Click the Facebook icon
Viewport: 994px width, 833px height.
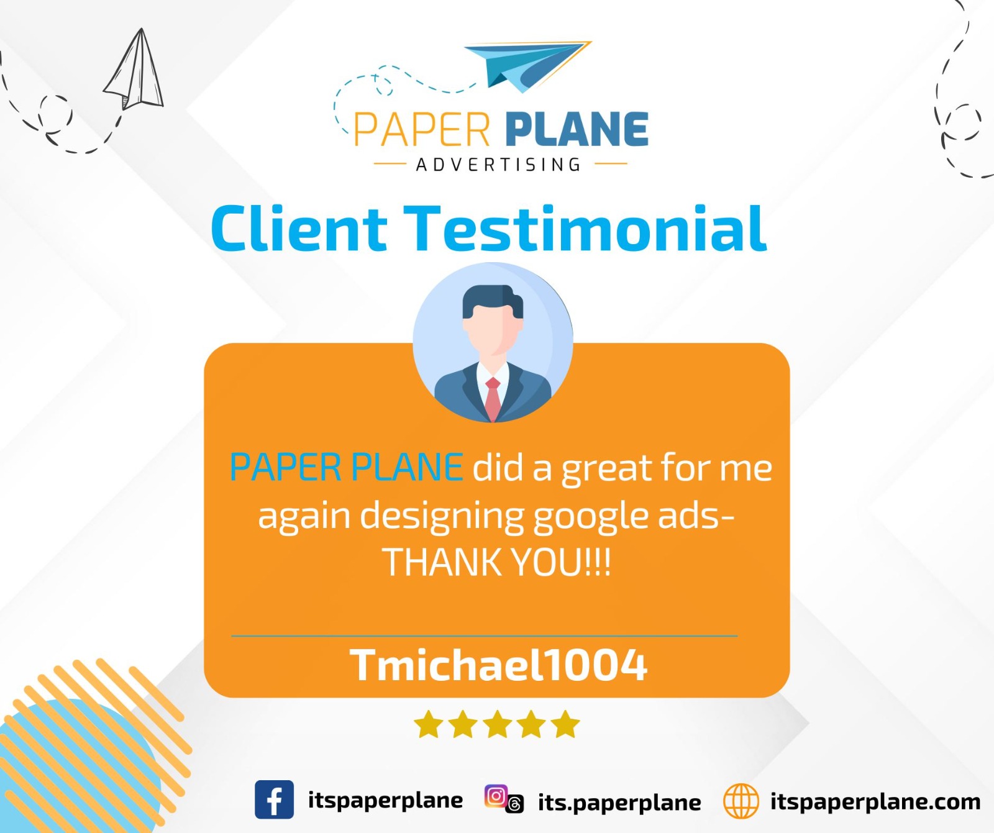[x=274, y=799]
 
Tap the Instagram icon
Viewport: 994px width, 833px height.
[x=496, y=796]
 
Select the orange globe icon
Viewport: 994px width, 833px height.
[x=741, y=801]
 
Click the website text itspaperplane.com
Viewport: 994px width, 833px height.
[x=875, y=801]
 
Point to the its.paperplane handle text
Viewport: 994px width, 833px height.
[x=619, y=803]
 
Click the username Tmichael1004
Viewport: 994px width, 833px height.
[x=498, y=665]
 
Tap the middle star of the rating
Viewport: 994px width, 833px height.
[x=498, y=724]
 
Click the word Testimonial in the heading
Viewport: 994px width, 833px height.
[x=586, y=228]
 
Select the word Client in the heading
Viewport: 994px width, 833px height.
[x=299, y=228]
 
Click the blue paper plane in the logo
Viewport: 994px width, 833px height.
[x=528, y=66]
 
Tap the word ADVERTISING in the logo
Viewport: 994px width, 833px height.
[x=498, y=165]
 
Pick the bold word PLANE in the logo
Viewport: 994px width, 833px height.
[x=577, y=129]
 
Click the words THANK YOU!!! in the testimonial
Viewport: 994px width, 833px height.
[x=497, y=562]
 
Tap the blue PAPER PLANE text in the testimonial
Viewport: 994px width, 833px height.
[x=346, y=467]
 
